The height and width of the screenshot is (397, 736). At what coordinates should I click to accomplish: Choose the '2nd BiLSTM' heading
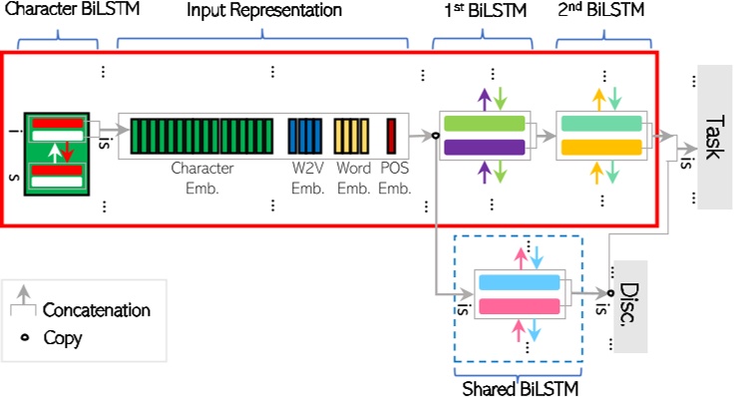click(600, 11)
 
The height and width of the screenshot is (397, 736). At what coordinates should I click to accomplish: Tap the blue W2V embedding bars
click(304, 135)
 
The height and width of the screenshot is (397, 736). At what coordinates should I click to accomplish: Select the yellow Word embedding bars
click(351, 135)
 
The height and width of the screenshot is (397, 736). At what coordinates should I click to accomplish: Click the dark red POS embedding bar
click(392, 135)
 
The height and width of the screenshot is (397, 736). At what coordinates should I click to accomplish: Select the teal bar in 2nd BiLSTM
click(601, 124)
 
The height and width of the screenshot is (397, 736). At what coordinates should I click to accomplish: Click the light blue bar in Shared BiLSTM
click(519, 281)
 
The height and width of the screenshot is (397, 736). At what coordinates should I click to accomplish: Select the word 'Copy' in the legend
click(63, 338)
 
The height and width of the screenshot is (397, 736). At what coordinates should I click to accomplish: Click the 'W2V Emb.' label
click(304, 177)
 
